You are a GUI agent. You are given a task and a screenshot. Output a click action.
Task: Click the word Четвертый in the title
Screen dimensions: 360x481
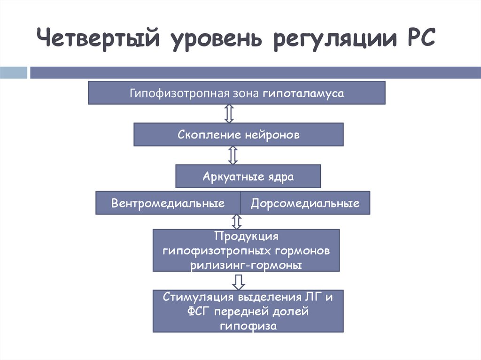pos(96,38)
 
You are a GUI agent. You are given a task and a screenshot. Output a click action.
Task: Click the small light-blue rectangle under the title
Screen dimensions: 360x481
pos(14,73)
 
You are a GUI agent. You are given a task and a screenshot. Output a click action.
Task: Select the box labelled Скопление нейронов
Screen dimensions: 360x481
pos(239,135)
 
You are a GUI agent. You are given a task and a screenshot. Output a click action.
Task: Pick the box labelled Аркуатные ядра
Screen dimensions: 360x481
pos(248,176)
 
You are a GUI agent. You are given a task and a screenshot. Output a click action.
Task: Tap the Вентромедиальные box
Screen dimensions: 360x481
pos(168,203)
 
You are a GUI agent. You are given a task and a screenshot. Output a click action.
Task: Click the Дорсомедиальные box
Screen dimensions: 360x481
pos(305,203)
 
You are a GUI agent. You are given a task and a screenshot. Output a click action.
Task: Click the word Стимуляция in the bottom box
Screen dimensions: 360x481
pos(199,297)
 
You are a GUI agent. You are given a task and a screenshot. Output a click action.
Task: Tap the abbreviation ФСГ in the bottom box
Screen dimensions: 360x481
pos(199,311)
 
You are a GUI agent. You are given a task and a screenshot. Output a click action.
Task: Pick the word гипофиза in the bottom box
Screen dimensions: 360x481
pos(248,326)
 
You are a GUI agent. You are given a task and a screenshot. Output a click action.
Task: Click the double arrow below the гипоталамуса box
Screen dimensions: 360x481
pos(229,114)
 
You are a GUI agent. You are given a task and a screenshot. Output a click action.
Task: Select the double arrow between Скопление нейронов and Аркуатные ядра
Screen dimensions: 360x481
pos(233,155)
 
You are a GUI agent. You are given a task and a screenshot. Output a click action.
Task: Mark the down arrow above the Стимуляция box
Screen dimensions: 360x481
pos(239,281)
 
